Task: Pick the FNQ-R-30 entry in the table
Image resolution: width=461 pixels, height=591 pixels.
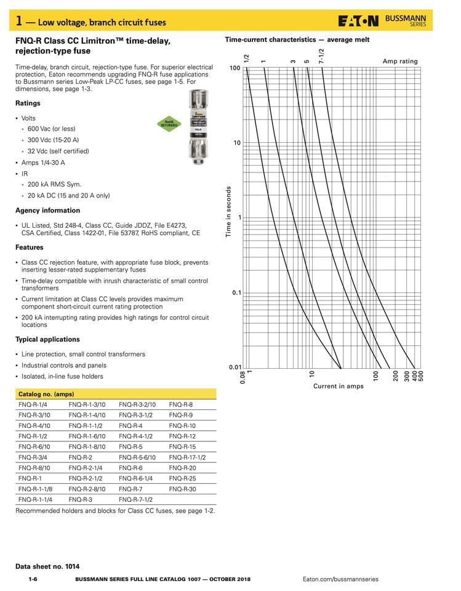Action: pyautogui.click(x=182, y=489)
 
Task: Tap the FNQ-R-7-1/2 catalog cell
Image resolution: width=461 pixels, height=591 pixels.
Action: pyautogui.click(x=135, y=499)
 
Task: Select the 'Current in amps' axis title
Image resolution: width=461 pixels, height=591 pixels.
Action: pyautogui.click(x=338, y=387)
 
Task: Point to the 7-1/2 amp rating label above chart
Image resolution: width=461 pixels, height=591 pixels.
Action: pyautogui.click(x=321, y=57)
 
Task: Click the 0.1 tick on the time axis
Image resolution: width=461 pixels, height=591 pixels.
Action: pyautogui.click(x=236, y=293)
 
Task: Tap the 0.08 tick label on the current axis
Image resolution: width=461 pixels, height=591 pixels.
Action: pyautogui.click(x=243, y=377)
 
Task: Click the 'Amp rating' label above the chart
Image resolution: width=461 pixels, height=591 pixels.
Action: pyautogui.click(x=400, y=62)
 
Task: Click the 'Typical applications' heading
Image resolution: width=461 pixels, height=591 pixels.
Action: pyautogui.click(x=47, y=339)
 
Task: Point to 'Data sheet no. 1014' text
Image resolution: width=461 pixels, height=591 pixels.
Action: pyautogui.click(x=47, y=566)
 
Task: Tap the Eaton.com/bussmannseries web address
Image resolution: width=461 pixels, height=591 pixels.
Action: pyautogui.click(x=340, y=579)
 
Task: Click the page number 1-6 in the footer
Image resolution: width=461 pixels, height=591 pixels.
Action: pyautogui.click(x=33, y=579)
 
